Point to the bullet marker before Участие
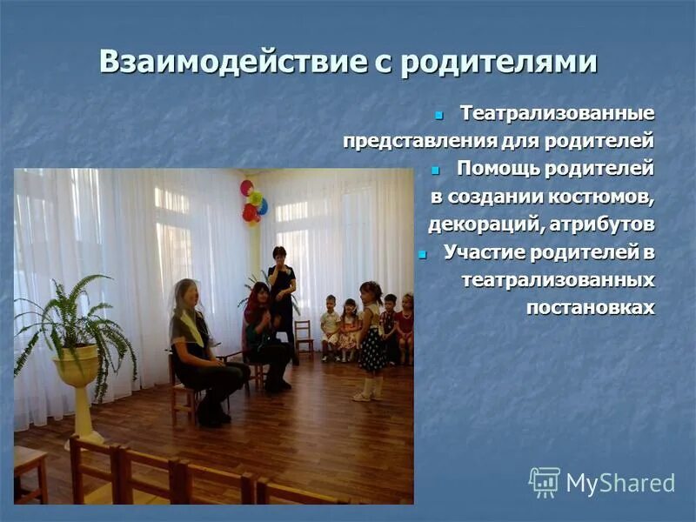423,253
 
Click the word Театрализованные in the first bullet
557,113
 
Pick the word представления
419,140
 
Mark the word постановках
590,308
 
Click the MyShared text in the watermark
620,483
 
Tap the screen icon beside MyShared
544,482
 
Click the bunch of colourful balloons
252,202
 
